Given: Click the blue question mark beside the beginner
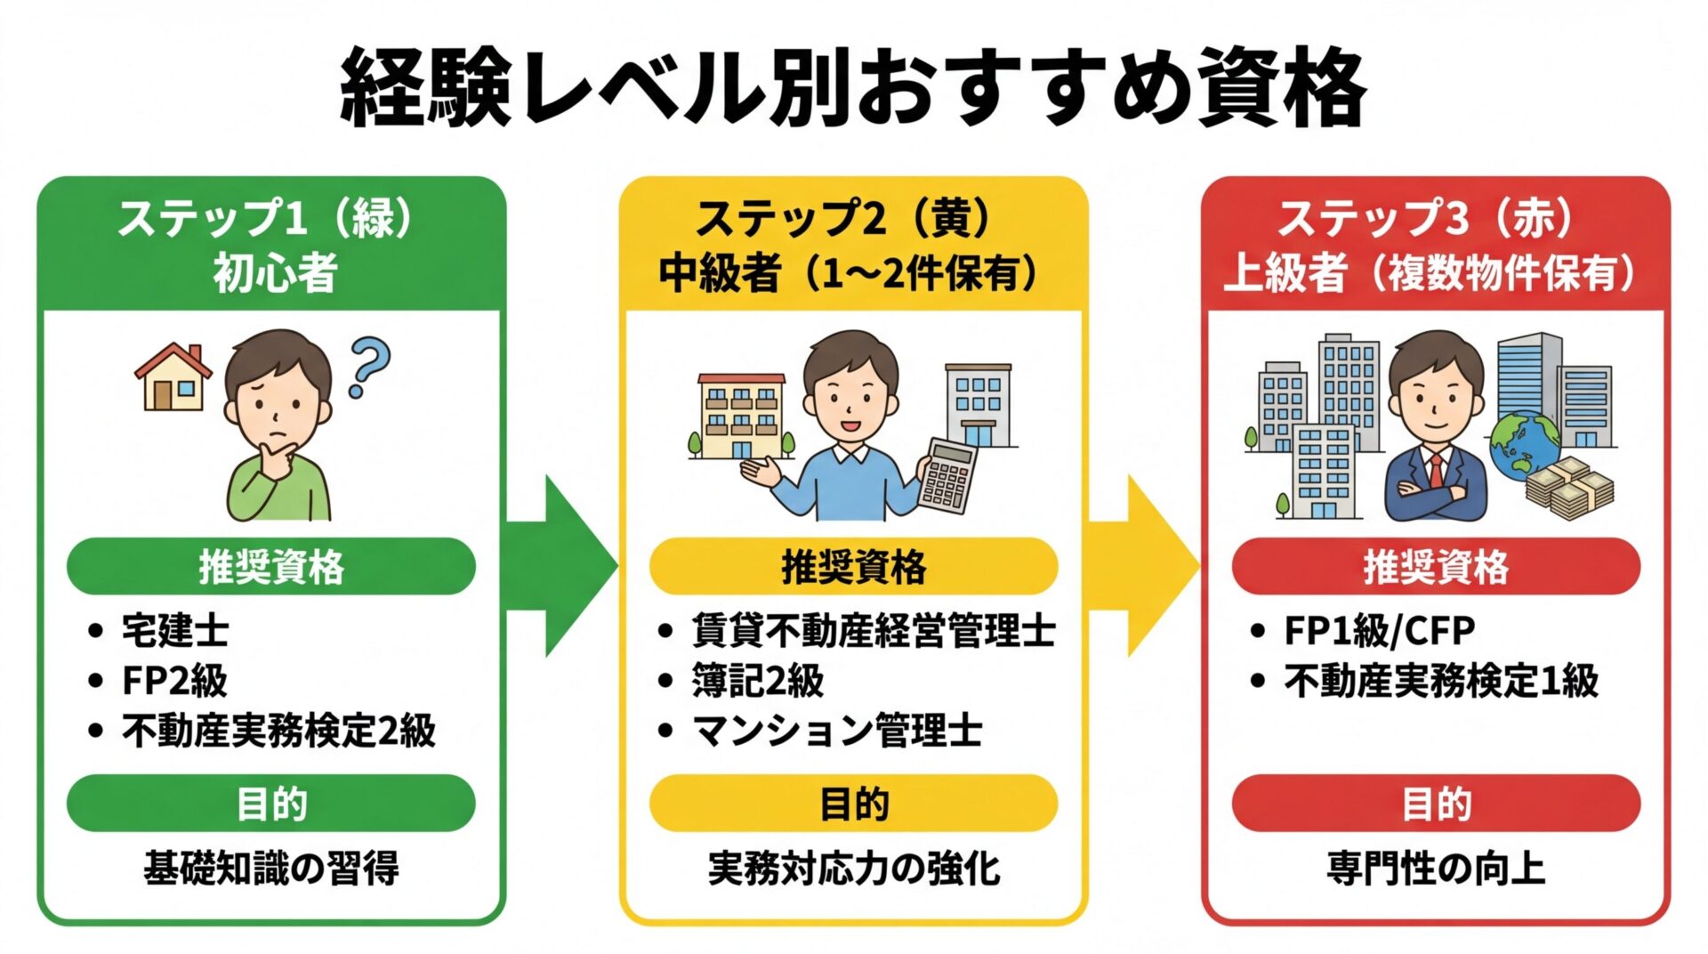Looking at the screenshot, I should tap(368, 365).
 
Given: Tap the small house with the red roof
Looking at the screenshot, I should tap(173, 377).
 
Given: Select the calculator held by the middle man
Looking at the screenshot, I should tap(947, 475).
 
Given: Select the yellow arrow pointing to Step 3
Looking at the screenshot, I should tap(1148, 566).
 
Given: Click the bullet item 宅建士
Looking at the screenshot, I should tap(175, 631).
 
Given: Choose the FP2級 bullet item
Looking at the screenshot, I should tap(174, 681).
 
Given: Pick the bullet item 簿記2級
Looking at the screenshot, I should tap(758, 681).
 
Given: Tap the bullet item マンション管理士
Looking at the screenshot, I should tap(836, 731).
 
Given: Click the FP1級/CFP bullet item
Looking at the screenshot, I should tap(1379, 631).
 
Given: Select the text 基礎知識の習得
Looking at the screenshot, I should tap(271, 868).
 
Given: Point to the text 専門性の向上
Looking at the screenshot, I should tap(1436, 868).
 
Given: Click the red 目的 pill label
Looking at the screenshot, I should tap(1436, 803).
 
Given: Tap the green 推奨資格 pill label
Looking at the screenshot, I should tap(271, 566).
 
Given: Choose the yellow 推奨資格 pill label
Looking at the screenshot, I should tap(853, 566).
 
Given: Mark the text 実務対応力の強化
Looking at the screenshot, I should tap(853, 868).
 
